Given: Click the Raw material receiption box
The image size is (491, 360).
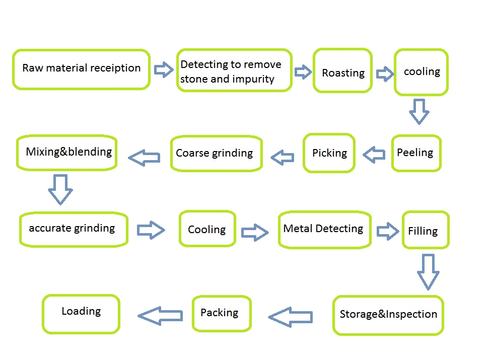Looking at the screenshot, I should pyautogui.click(x=81, y=69).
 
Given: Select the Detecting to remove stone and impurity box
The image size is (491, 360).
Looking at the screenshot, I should pyautogui.click(x=234, y=70).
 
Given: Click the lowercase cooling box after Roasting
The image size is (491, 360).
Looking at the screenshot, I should pyautogui.click(x=421, y=72).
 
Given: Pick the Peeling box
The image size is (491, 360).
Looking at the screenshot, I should pyautogui.click(x=416, y=153).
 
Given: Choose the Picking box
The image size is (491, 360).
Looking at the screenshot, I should pyautogui.click(x=329, y=153).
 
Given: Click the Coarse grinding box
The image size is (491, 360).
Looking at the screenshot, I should pyautogui.click(x=216, y=154).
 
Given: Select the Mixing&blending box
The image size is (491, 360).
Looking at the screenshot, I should pyautogui.click(x=67, y=152).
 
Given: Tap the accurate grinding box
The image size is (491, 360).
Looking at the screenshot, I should pyautogui.click(x=74, y=229).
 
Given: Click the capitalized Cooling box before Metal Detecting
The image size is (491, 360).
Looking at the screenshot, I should pyautogui.click(x=207, y=229).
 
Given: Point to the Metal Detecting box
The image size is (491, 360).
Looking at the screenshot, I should pyautogui.click(x=324, y=229).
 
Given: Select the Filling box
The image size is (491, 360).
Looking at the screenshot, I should pyautogui.click(x=425, y=230).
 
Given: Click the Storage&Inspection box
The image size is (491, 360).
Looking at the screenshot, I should pyautogui.click(x=388, y=315).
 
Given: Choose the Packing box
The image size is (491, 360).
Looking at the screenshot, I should pyautogui.click(x=221, y=313).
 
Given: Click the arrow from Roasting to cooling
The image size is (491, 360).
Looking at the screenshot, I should pyautogui.click(x=385, y=74).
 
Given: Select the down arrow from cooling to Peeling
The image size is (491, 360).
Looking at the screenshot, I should pyautogui.click(x=419, y=111).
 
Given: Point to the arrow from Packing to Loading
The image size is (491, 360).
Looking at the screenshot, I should pyautogui.click(x=160, y=315).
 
